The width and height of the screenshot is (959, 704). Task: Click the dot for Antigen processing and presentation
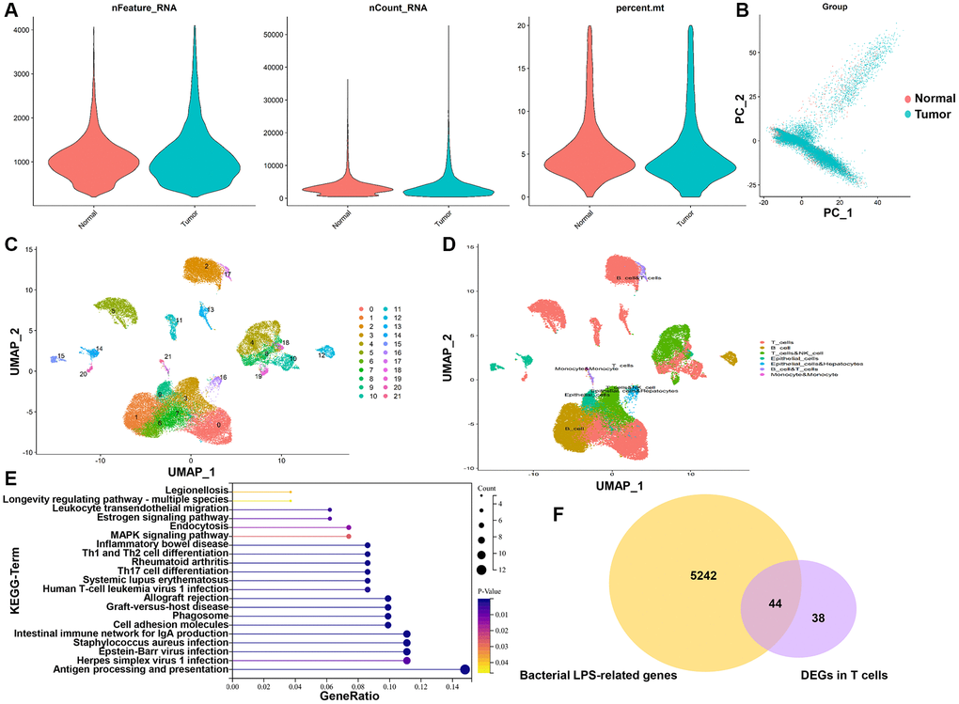click(x=465, y=669)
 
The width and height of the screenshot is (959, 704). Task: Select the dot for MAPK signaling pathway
click(x=349, y=536)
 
